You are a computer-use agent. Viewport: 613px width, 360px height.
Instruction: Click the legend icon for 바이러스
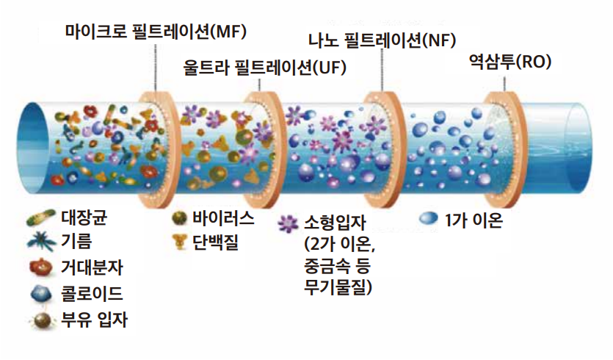coord(178,218)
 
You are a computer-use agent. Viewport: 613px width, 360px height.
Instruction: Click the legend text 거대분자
coord(92,268)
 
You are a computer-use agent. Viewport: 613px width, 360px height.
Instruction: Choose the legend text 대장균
coord(83,217)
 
